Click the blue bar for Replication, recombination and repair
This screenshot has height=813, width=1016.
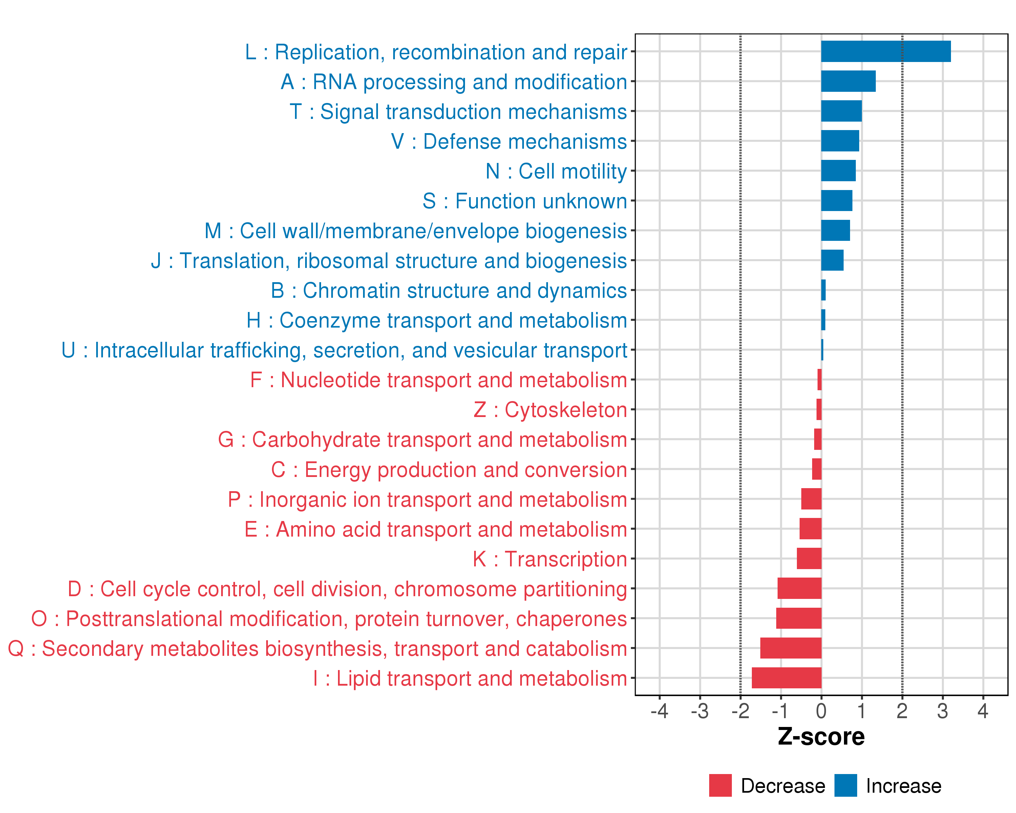886,51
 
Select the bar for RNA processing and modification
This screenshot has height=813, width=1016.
848,81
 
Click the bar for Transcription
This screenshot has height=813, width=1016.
809,559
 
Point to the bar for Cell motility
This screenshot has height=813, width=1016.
838,171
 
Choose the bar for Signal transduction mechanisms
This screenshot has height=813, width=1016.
841,111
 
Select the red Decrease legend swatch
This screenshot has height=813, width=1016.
720,786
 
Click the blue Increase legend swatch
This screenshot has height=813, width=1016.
845,786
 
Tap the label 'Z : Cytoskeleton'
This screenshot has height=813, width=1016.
550,410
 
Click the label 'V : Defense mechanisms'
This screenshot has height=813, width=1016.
509,141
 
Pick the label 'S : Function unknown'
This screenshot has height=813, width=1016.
525,201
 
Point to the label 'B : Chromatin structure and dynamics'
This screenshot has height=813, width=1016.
449,291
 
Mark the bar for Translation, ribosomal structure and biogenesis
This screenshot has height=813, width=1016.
832,260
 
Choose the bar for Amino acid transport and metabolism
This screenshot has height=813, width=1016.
810,529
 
